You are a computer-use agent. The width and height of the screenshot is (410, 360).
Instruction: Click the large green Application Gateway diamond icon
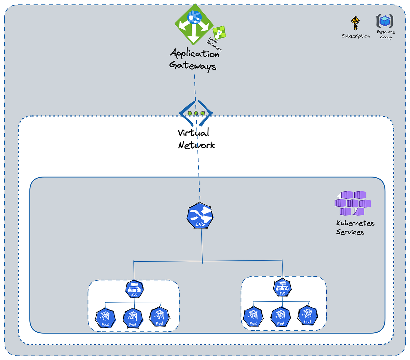coord(194,24)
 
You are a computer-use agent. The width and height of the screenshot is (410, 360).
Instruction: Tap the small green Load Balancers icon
coord(219,32)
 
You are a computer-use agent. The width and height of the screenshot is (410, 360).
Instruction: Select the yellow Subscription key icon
coord(355,23)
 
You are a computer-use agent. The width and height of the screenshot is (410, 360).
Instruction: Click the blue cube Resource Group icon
coord(385,21)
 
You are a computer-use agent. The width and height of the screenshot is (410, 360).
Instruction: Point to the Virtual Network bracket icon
coord(196,113)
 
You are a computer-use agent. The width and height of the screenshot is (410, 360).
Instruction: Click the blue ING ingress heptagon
coord(200,216)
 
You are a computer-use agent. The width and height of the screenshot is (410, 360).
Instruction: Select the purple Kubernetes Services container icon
coord(353,203)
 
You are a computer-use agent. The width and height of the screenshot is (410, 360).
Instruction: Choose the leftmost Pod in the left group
coord(105,318)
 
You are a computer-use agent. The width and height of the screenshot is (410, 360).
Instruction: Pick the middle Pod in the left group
coord(133,318)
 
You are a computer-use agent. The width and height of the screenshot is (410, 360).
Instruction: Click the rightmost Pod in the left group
coord(159,317)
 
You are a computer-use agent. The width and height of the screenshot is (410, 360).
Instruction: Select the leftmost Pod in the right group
coord(253,317)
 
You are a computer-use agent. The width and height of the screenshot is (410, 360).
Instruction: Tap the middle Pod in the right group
coord(281,317)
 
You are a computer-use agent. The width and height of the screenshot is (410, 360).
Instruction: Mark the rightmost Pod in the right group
coord(307,315)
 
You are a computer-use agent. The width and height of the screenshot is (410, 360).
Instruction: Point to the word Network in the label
coord(196,145)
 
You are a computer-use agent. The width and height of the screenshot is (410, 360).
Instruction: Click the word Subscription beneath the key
coord(356,36)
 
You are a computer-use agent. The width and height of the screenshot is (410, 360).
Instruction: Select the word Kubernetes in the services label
coord(355,223)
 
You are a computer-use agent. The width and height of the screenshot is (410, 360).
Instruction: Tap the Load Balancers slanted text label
coord(214,44)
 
